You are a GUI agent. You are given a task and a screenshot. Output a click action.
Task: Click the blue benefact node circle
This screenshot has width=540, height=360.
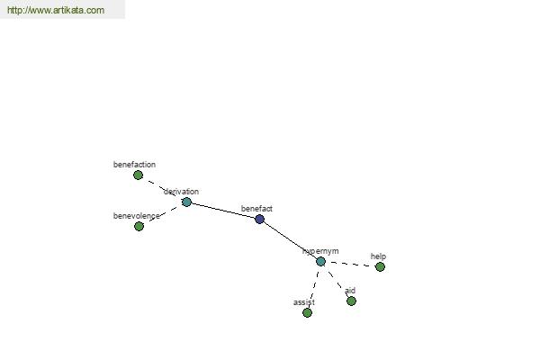pyautogui.click(x=260, y=219)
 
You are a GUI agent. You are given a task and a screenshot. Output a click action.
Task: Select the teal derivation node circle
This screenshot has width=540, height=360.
pyautogui.click(x=186, y=202)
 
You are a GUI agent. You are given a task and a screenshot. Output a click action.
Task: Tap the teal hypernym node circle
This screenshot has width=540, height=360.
pyautogui.click(x=320, y=262)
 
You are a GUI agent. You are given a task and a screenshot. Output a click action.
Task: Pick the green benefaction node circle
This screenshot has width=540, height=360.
pyautogui.click(x=138, y=175)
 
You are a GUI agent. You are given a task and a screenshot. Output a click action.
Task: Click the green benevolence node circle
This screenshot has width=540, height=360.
pyautogui.click(x=139, y=226)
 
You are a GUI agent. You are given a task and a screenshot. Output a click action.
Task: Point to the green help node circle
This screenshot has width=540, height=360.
pyautogui.click(x=380, y=266)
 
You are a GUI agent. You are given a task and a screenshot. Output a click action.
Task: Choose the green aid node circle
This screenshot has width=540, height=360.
pyautogui.click(x=351, y=301)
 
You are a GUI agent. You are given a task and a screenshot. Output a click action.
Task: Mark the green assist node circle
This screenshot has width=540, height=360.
pyautogui.click(x=307, y=313)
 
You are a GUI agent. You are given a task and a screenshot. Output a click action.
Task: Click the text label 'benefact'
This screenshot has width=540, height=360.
pyautogui.click(x=256, y=209)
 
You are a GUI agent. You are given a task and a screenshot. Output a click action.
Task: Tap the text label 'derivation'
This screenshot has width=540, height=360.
pyautogui.click(x=181, y=192)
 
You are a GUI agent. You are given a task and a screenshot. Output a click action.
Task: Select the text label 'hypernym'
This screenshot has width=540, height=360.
pyautogui.click(x=320, y=251)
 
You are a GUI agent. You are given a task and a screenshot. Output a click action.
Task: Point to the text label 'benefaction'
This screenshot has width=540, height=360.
pyautogui.click(x=134, y=165)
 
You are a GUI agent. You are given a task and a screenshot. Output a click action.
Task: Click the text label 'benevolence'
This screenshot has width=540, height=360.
pyautogui.click(x=137, y=216)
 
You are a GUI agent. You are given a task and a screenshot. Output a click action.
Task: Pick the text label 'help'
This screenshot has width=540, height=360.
pyautogui.click(x=378, y=256)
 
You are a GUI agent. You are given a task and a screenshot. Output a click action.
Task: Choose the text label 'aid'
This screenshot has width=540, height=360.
pyautogui.click(x=350, y=291)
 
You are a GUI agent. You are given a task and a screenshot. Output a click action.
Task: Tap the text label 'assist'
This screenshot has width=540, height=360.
pyautogui.click(x=304, y=302)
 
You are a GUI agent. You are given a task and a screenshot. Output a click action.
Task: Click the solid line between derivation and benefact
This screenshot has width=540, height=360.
pyautogui.click(x=223, y=211)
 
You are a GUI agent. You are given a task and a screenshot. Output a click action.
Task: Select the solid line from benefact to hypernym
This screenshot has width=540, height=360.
pyautogui.click(x=290, y=240)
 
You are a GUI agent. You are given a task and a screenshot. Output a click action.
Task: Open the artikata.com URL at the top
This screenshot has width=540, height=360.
pyautogui.click(x=56, y=10)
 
